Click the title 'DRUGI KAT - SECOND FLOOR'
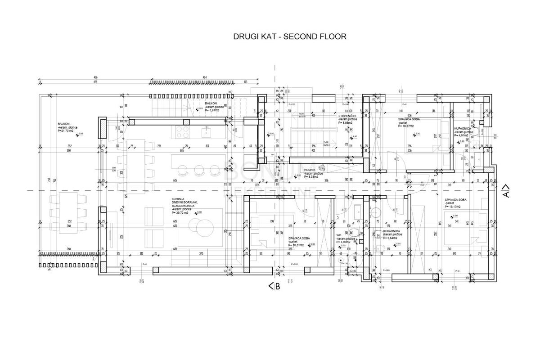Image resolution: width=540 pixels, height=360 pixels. point(290,36)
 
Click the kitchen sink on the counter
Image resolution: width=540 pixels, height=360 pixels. point(207,132)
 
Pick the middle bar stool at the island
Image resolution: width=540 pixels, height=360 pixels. point(198,169)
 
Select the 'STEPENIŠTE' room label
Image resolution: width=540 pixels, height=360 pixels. point(347,116)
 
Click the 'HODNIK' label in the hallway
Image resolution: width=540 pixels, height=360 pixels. point(310,170)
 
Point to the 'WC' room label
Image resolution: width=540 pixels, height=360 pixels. point(339,234)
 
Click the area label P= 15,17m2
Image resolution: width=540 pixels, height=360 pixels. point(454,207)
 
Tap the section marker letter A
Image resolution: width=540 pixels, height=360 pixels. point(506,194)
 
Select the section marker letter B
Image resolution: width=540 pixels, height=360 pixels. point(277,287)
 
